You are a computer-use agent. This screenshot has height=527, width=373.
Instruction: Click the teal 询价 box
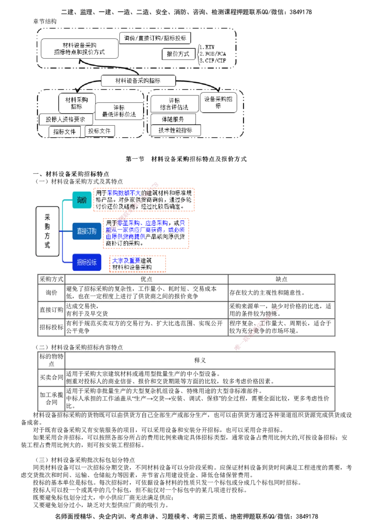82,200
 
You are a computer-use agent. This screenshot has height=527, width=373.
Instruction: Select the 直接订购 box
86,231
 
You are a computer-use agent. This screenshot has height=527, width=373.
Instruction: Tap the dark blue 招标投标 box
86,263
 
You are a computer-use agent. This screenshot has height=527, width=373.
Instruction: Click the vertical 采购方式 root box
47,231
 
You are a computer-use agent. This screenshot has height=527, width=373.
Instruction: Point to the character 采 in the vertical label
47,216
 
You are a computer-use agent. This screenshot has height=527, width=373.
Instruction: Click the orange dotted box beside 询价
144,199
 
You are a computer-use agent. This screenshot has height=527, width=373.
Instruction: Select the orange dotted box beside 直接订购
146,233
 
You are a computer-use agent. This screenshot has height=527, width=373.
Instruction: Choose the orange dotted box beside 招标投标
138,263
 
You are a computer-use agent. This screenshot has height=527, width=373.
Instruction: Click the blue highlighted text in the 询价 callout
123,193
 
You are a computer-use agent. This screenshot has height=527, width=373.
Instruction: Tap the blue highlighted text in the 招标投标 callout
126,261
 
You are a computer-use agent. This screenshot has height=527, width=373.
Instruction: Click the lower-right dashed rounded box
197,114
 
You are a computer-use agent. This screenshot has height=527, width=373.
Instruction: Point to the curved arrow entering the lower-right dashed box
198,83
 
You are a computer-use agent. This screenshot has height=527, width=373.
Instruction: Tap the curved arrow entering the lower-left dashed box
89,85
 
